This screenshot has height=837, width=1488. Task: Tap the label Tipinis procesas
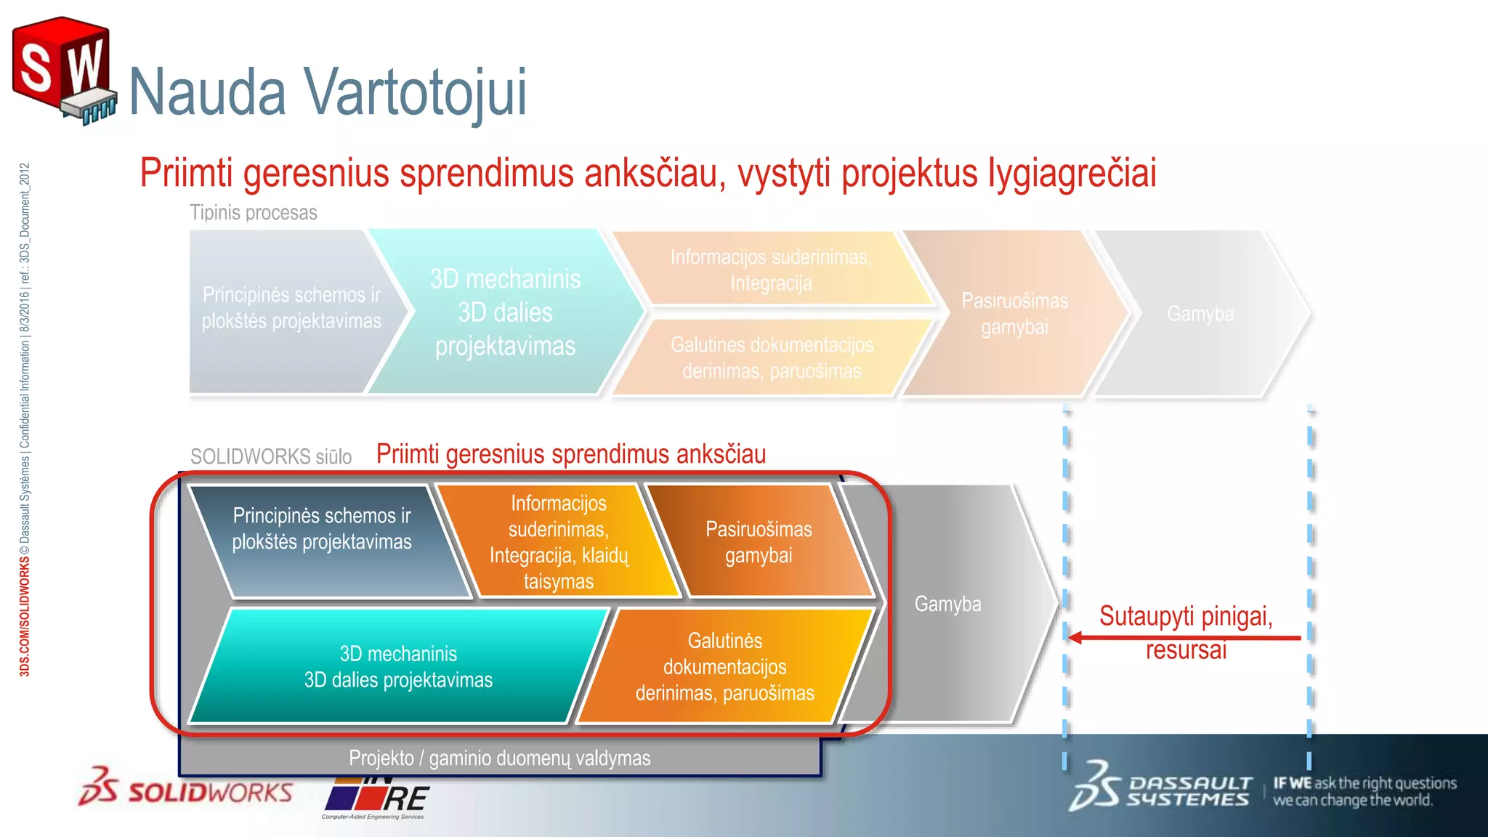(x=253, y=213)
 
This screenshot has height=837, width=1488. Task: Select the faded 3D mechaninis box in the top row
(x=505, y=312)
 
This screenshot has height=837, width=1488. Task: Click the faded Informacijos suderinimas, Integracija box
(x=770, y=270)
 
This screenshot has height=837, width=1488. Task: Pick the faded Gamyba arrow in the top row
(x=1200, y=314)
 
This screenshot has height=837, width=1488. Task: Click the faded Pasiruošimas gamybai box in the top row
(x=1014, y=314)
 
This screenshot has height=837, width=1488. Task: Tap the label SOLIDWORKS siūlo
(x=270, y=456)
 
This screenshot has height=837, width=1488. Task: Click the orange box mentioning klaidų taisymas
(x=558, y=542)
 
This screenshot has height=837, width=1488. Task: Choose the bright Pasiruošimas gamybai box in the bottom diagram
(x=759, y=542)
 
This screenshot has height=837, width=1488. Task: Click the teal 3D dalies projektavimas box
(x=398, y=667)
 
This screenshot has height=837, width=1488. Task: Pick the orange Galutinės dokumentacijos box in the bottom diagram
(x=724, y=667)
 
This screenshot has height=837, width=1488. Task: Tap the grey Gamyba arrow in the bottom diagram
(x=947, y=604)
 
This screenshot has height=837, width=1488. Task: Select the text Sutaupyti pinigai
(x=1186, y=616)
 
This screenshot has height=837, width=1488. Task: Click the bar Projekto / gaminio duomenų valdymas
(x=499, y=758)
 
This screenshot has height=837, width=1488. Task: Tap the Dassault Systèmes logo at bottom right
(x=1161, y=788)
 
